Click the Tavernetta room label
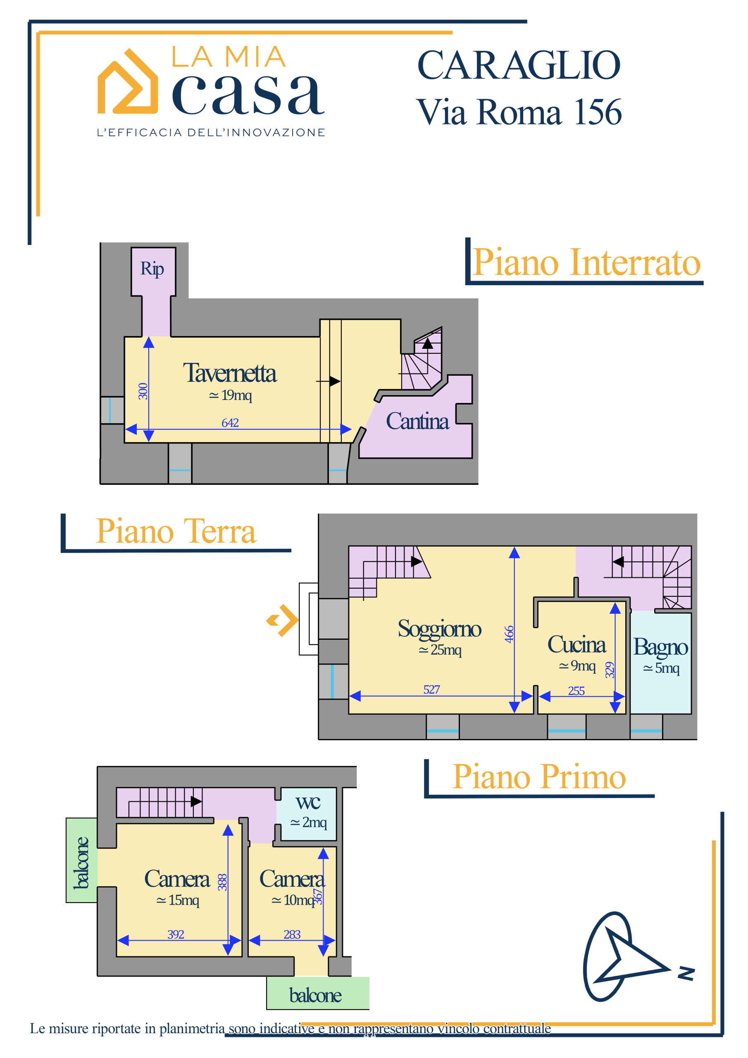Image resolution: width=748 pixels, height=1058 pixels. pos(229,373)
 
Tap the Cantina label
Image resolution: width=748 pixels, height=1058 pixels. pos(417,421)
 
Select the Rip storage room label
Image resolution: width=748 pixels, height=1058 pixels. pos(152,269)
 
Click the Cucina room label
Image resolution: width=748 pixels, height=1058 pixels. pos(576,645)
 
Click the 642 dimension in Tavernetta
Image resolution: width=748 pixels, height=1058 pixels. pos(230,422)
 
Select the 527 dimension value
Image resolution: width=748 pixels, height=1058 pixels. pos(431,690)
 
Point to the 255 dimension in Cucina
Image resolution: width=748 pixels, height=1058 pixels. pos(576,691)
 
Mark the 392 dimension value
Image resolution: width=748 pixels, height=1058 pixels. pos(176,934)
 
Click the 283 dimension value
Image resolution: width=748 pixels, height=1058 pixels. pos(292,934)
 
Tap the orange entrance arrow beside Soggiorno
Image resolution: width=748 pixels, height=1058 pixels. pos(283,620)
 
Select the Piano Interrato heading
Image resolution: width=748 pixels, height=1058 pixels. pos(587,263)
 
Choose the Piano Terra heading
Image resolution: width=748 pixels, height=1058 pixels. pos(176,531)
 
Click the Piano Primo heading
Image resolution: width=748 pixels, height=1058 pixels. pos(539,777)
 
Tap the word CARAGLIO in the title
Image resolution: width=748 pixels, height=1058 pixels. pos(519,65)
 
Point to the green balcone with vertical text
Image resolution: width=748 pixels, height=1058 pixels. pos(81,861)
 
